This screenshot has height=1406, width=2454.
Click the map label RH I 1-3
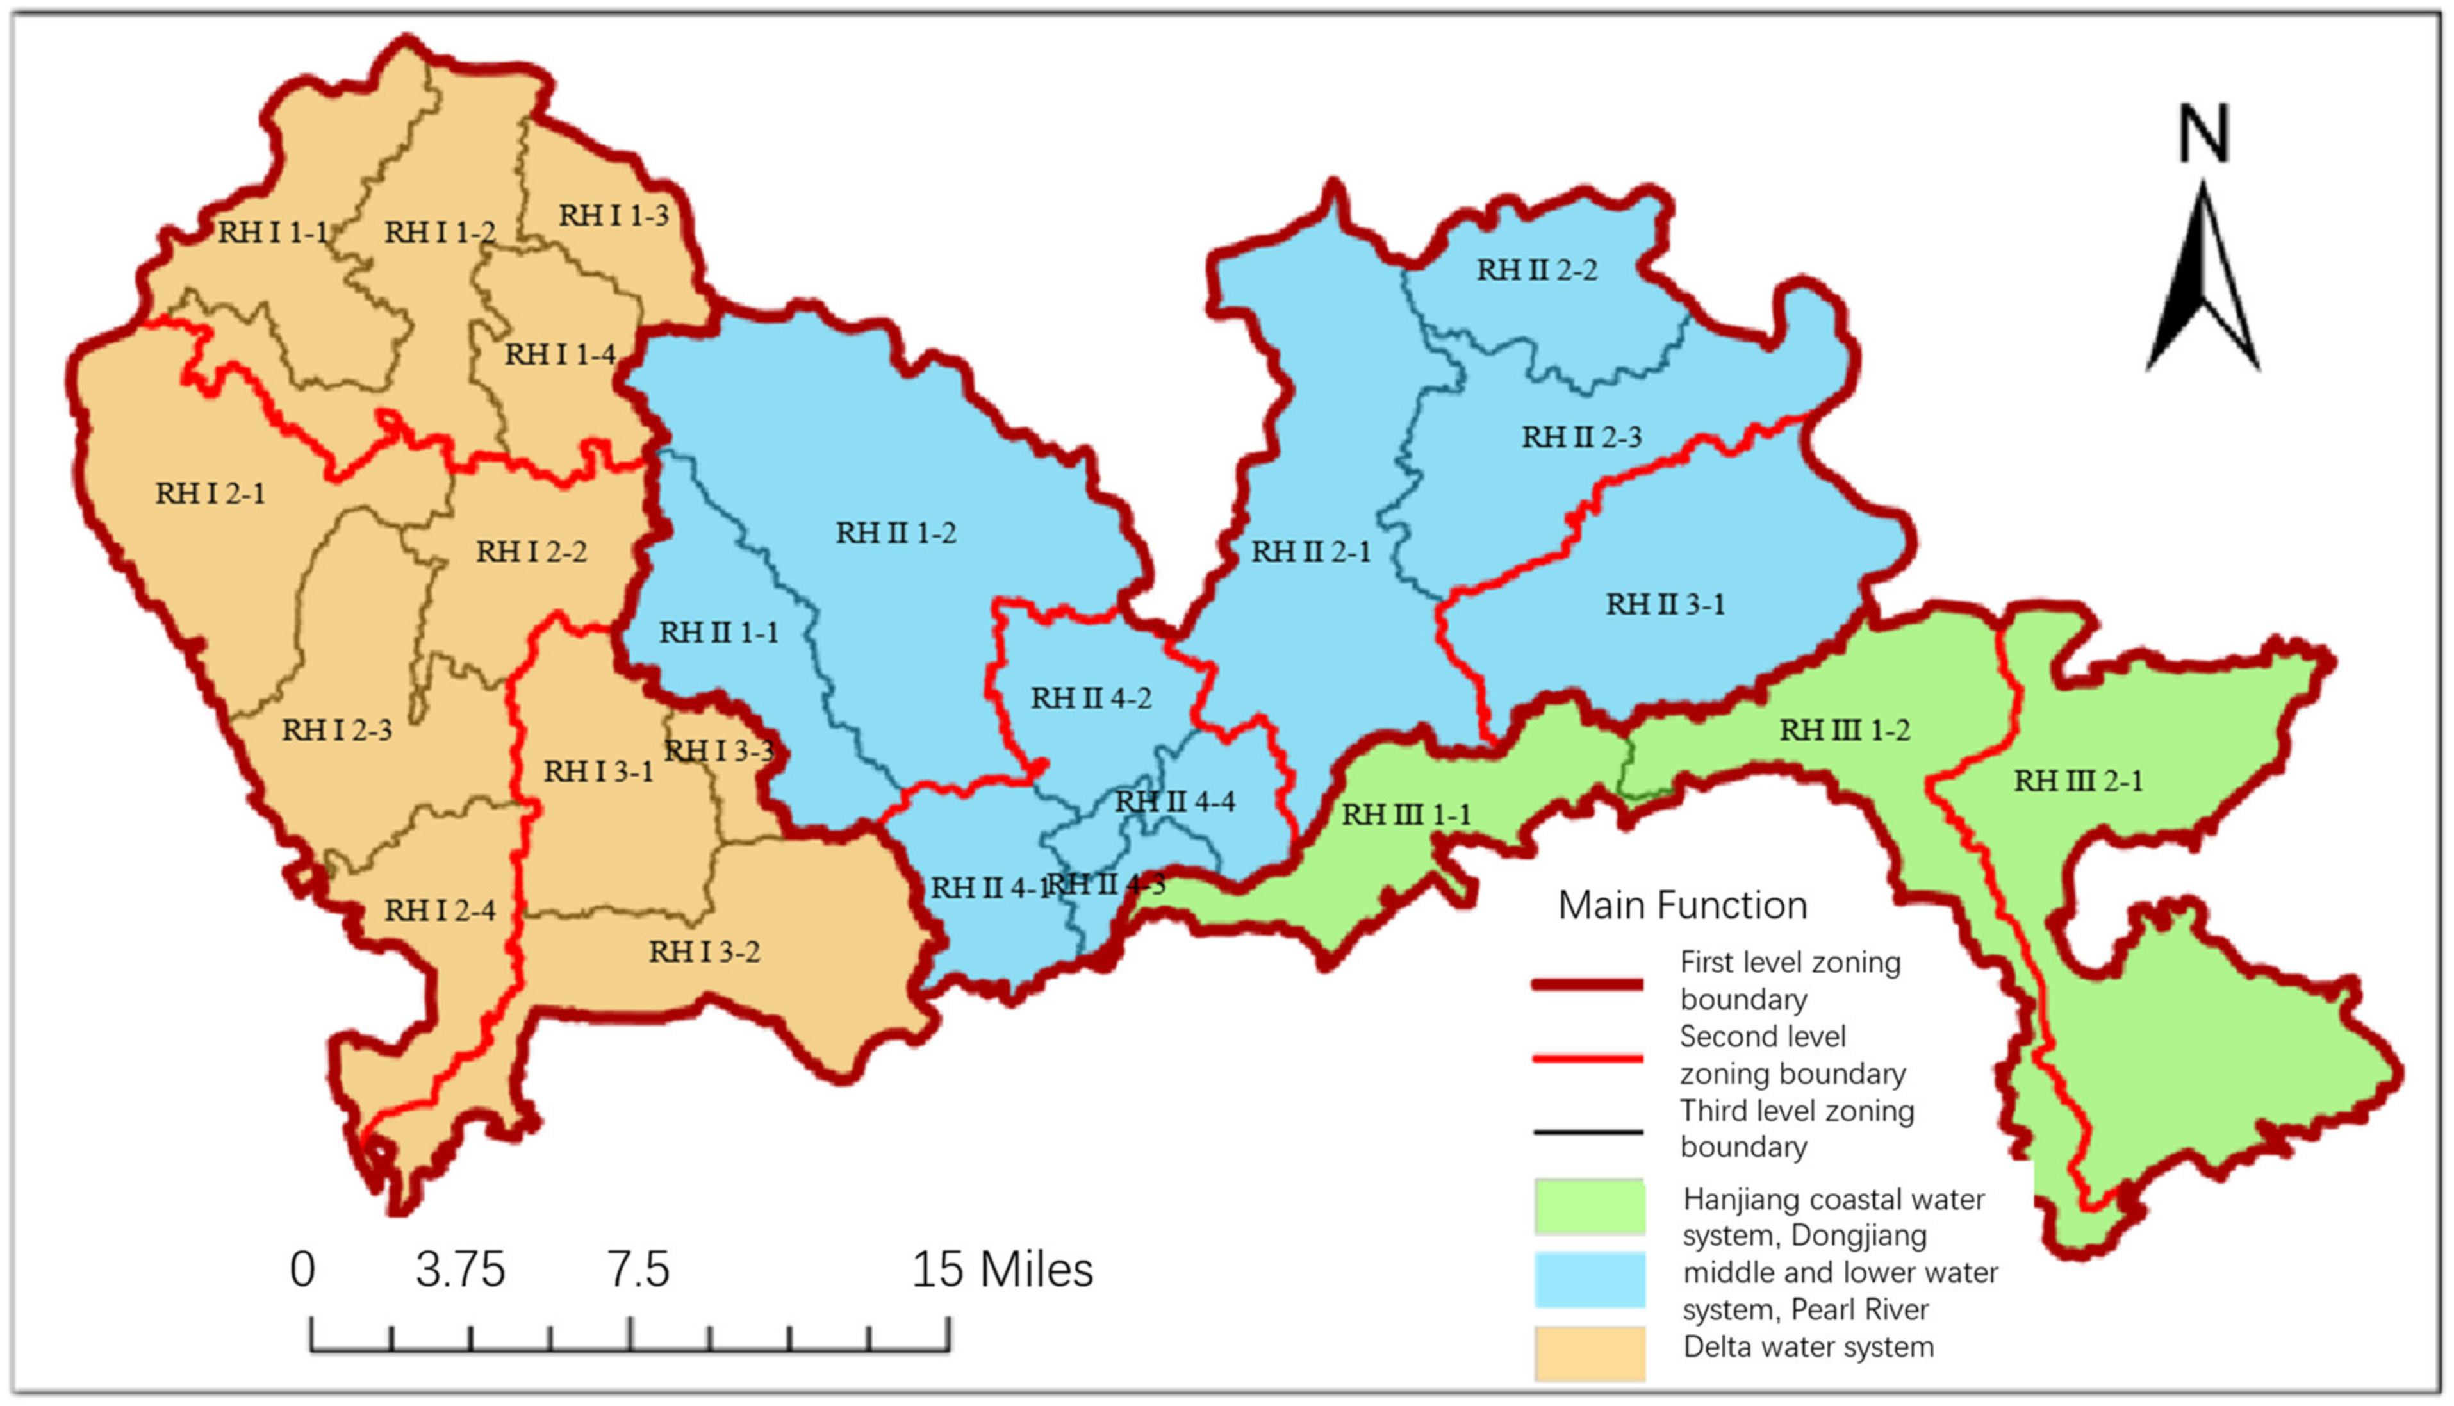(614, 215)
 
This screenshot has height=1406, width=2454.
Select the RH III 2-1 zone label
(2077, 781)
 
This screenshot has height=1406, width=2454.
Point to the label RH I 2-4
(440, 909)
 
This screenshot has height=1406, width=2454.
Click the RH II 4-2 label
(1091, 698)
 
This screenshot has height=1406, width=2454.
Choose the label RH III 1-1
(1406, 815)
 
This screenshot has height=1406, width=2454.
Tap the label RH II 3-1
(1665, 604)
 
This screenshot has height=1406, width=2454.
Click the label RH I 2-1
(210, 493)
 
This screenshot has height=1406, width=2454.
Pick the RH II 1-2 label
(896, 533)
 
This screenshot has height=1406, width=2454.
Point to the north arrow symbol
(2203, 280)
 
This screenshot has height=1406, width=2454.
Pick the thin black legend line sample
(1587, 1131)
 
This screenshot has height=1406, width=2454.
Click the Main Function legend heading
(1683, 906)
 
